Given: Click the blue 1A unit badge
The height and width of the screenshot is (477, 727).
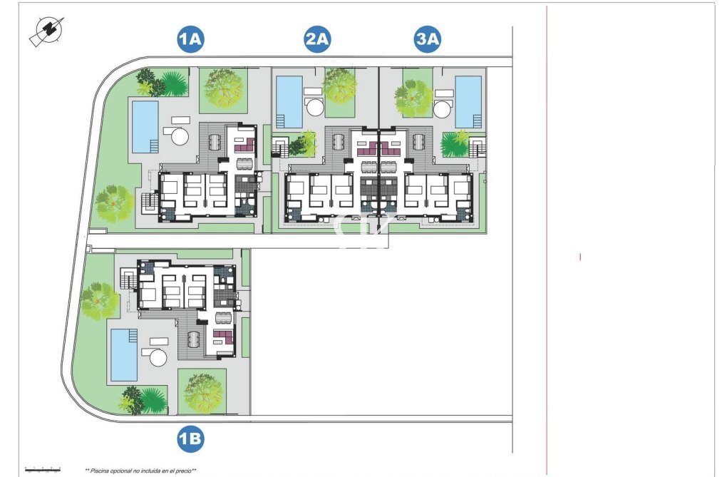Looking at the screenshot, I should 191,40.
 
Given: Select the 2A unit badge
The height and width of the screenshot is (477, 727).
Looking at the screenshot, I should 317,40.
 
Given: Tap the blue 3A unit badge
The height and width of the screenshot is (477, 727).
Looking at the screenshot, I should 428,40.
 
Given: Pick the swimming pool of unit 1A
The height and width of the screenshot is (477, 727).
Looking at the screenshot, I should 145,125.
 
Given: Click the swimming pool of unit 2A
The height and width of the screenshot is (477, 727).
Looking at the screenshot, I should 289,101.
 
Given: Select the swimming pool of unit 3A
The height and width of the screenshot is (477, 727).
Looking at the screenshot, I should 468,101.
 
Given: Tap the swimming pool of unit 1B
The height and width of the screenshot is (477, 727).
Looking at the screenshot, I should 123,354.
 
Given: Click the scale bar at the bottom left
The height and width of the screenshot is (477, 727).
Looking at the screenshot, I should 42,468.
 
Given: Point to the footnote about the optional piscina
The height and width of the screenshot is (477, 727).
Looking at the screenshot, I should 140,470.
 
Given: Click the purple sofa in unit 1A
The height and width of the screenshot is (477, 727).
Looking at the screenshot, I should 245,145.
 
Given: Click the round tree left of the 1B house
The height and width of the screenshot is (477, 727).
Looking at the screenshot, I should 99,300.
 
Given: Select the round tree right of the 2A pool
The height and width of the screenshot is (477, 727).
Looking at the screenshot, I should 340,86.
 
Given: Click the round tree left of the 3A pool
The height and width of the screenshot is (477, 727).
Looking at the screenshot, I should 413,98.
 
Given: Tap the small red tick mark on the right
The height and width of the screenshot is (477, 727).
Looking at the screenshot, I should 580,257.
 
